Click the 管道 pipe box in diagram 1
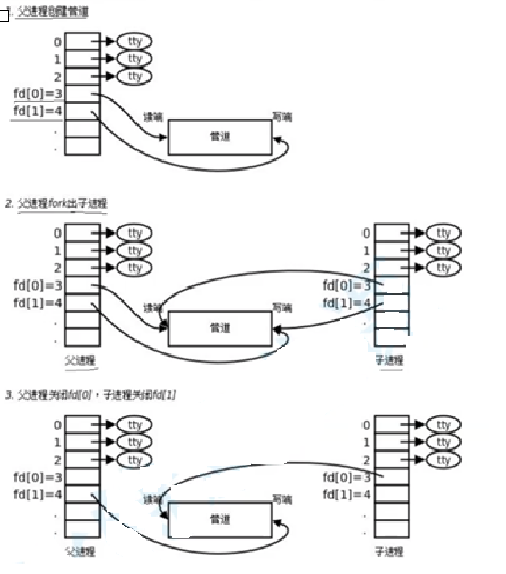[x=220, y=137]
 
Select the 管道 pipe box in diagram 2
[x=220, y=328]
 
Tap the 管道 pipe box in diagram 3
[x=220, y=519]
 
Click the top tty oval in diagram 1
[x=134, y=41]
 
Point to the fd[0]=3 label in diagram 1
[x=38, y=94]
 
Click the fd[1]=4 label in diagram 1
[x=38, y=111]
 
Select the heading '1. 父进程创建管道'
[x=46, y=12]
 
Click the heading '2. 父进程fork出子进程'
[x=56, y=203]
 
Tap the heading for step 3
[x=90, y=394]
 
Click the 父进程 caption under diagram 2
[x=80, y=360]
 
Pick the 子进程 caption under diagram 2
[x=389, y=360]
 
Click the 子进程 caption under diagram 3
[x=389, y=551]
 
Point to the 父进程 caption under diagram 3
[x=80, y=551]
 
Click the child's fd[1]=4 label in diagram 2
[x=347, y=303]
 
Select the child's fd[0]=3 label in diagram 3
[x=347, y=477]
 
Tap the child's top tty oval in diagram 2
[x=444, y=233]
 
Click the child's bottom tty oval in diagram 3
[x=444, y=460]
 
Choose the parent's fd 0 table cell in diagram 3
[x=82, y=424]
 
